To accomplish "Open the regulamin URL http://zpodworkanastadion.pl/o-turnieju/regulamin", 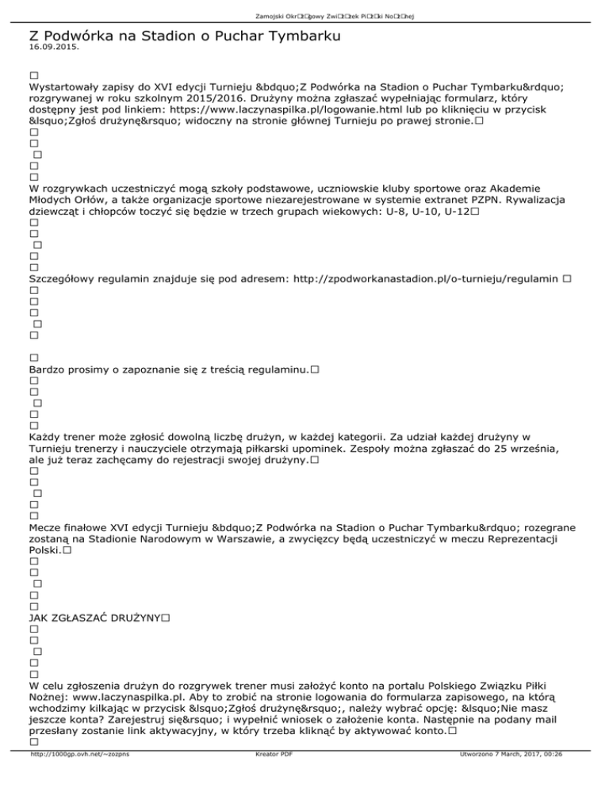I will pos(423,279).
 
